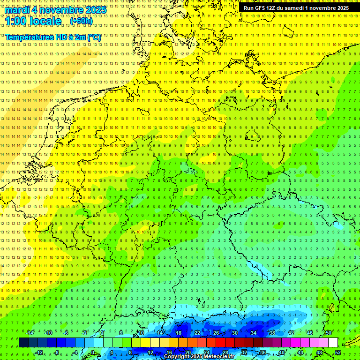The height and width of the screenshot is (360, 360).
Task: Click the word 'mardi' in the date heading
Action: (17, 10)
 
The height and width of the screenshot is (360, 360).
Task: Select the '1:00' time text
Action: (16, 22)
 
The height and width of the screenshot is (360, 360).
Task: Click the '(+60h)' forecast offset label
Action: (81, 22)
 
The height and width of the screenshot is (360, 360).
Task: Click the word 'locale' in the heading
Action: (45, 22)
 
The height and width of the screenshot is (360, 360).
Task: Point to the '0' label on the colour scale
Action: (93, 352)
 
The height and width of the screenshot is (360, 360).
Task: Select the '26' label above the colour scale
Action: (216, 333)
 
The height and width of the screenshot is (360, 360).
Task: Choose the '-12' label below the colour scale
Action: (39, 352)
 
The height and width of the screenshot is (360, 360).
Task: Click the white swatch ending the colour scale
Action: (333, 343)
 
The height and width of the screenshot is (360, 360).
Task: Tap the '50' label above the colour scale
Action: (329, 333)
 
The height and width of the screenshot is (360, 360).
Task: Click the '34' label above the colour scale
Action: (254, 333)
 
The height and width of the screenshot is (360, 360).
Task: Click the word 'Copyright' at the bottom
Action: (177, 357)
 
